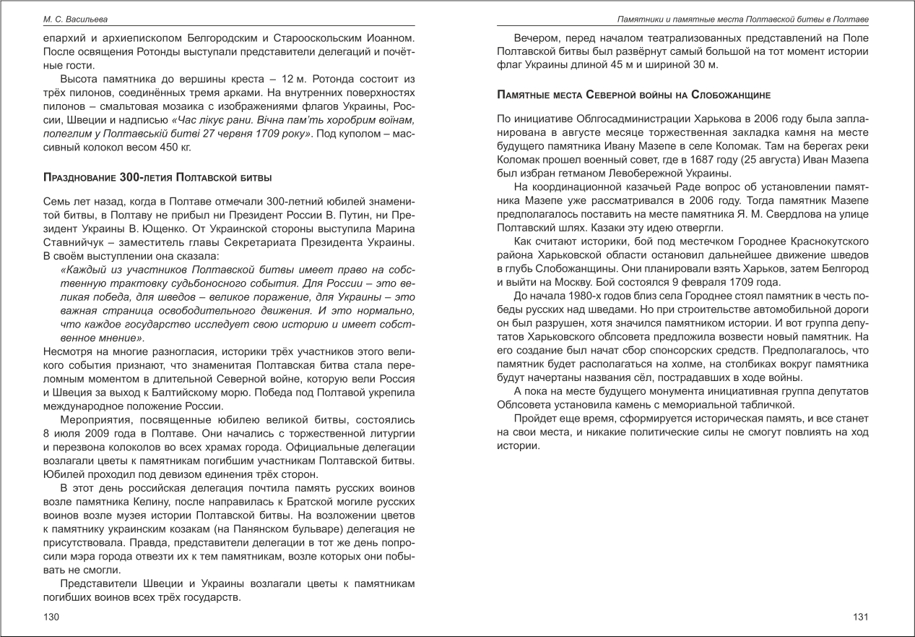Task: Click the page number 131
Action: (859, 617)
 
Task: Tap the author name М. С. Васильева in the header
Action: (74, 18)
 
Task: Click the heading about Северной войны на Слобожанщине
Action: (634, 95)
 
